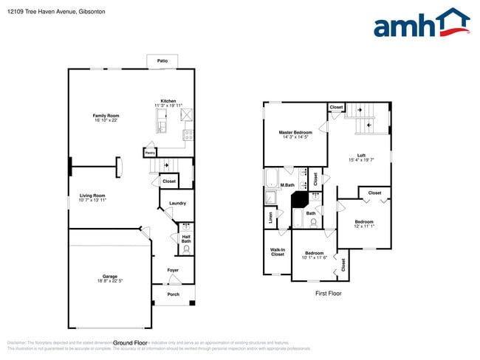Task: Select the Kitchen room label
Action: [x=168, y=101]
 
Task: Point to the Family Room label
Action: [x=106, y=115]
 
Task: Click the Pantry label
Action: [x=150, y=153]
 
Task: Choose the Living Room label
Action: [x=92, y=195]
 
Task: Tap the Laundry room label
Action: [x=177, y=203]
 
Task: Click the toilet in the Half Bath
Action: [x=186, y=249]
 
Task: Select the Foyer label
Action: [x=173, y=271]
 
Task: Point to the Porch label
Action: [x=173, y=294]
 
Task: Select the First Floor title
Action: [x=329, y=293]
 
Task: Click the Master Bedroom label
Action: [x=295, y=132]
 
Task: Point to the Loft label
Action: [x=361, y=155]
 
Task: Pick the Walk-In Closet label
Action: [x=278, y=252]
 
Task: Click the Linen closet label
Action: [x=271, y=218]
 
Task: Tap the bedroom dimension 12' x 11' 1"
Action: [x=363, y=226]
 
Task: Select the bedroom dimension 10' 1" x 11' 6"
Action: [x=315, y=257]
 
